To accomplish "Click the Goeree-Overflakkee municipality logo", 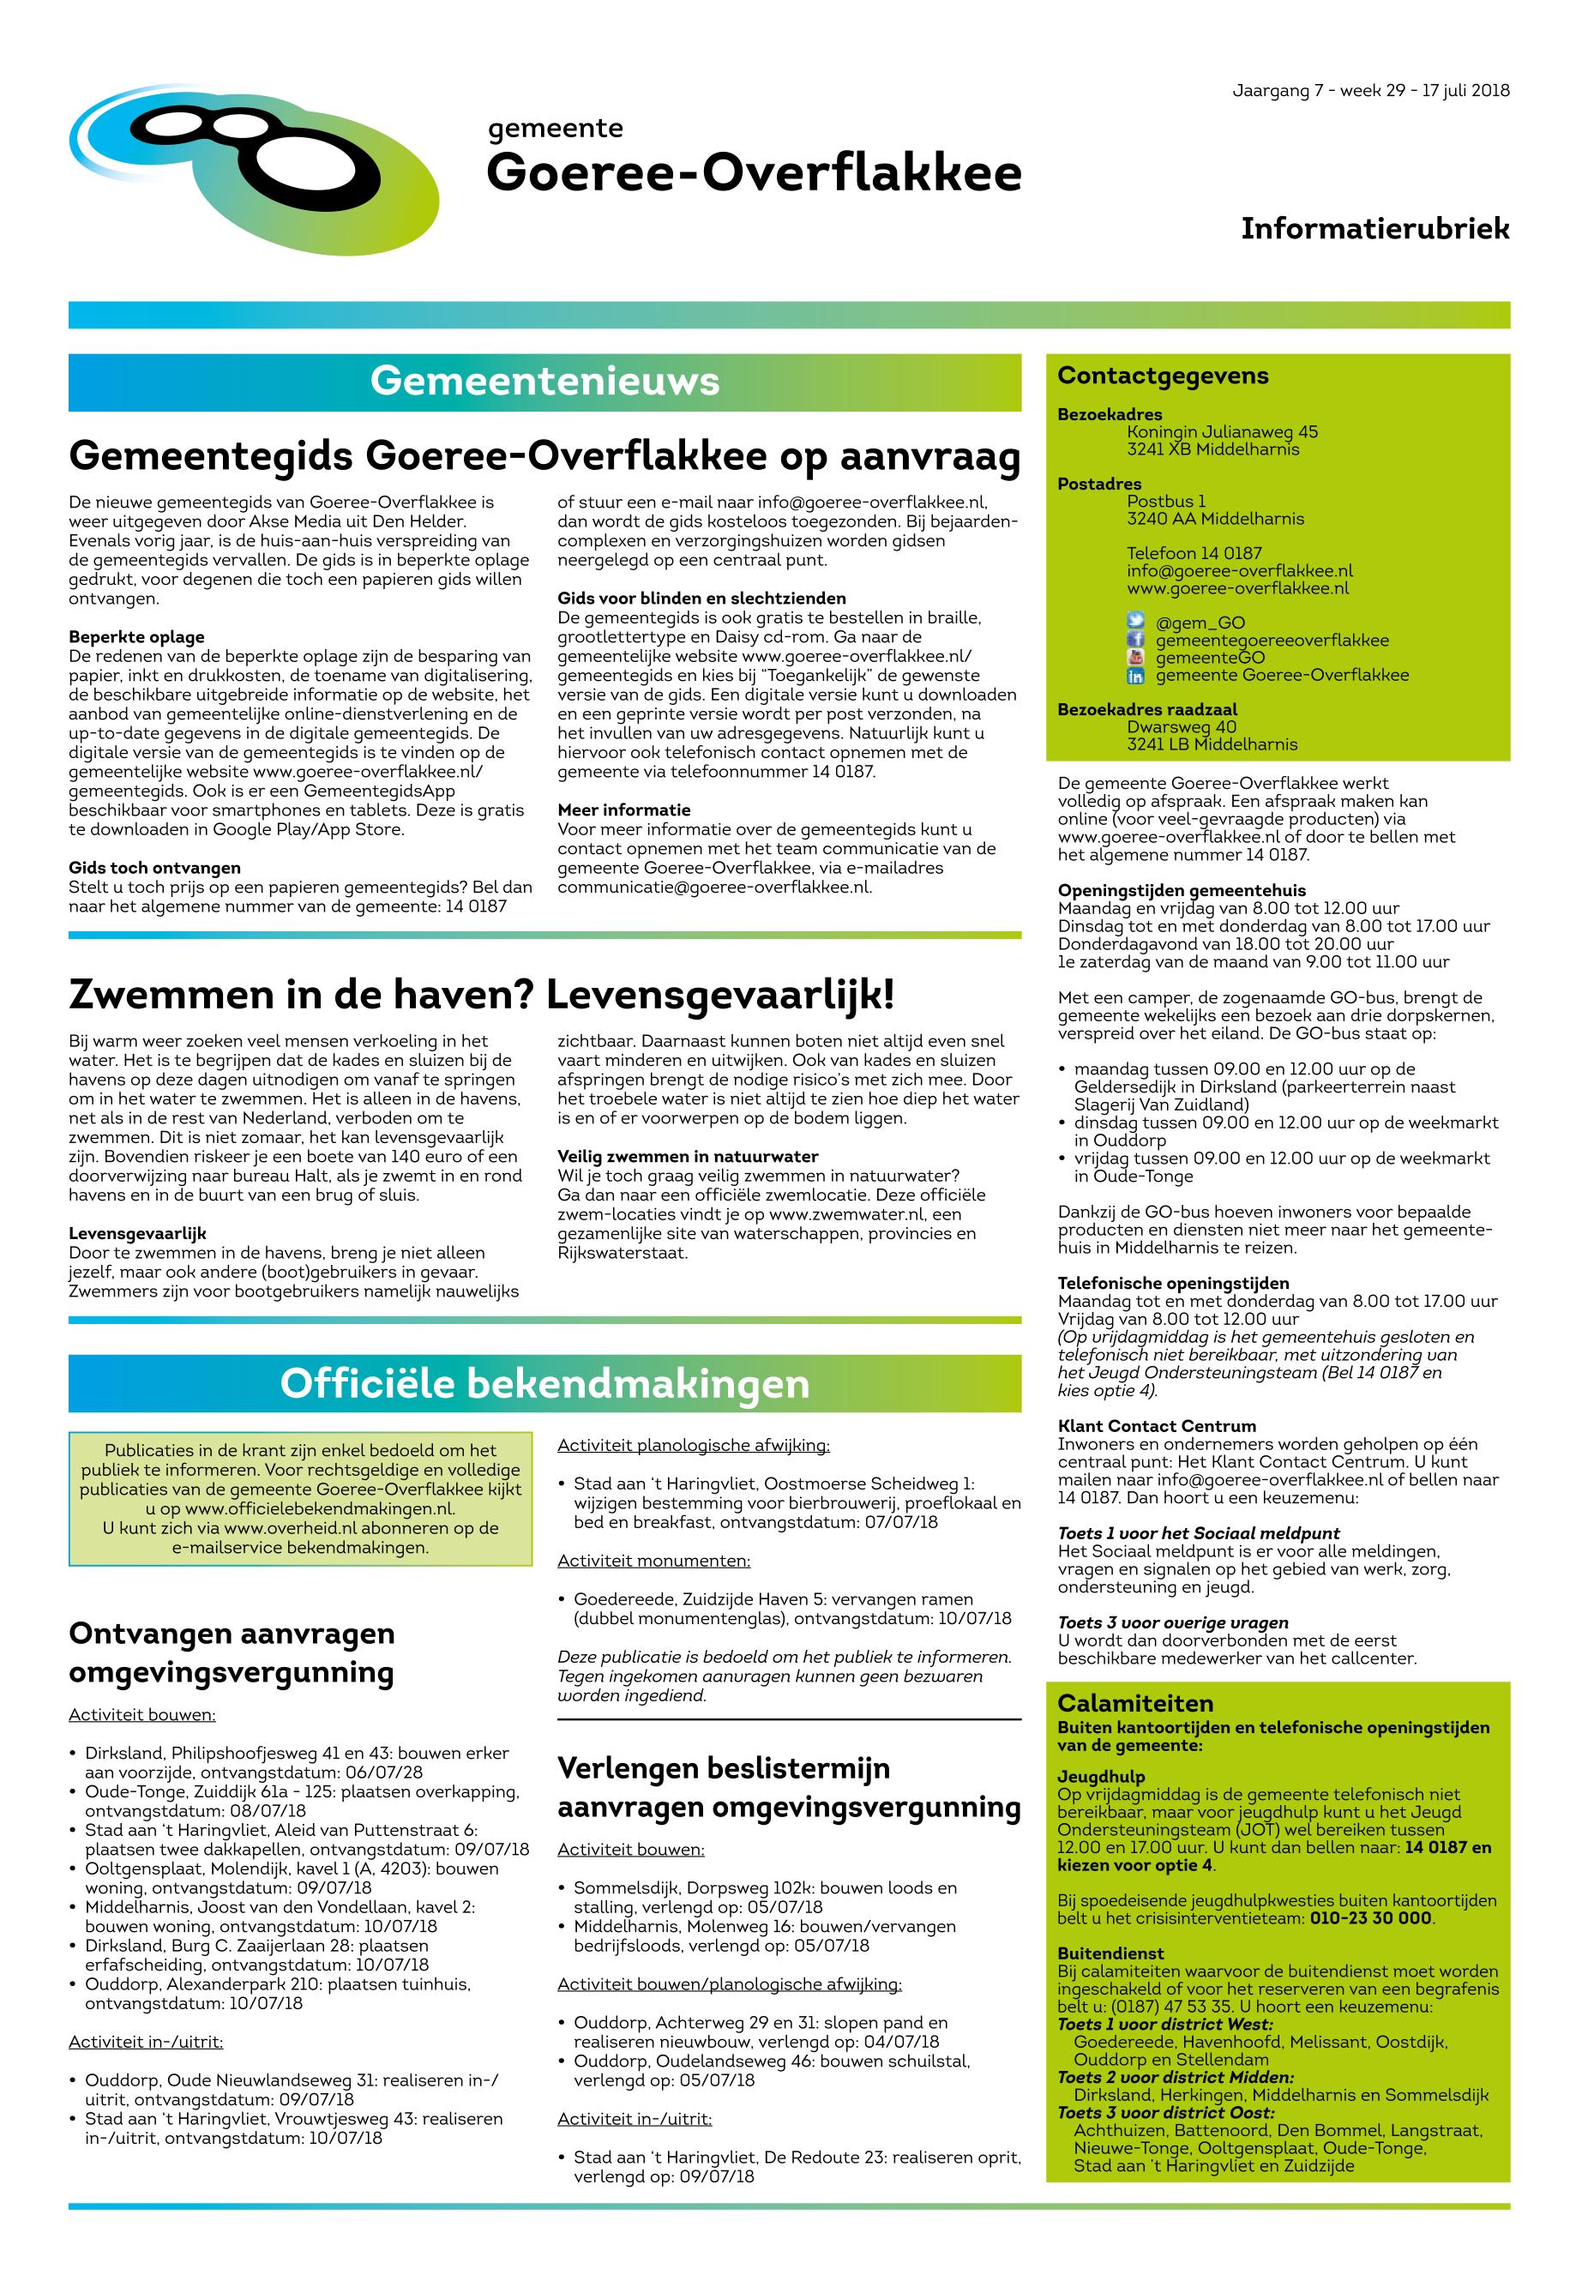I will [x=253, y=170].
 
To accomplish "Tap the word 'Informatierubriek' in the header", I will [x=1374, y=229].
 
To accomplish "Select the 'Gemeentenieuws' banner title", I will [x=544, y=382].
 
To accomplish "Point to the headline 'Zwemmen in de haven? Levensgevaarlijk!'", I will [x=481, y=994].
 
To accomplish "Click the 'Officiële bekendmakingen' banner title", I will [x=544, y=1383].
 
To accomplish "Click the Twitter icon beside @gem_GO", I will [x=1135, y=623].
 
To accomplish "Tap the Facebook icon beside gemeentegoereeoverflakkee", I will [x=1135, y=641].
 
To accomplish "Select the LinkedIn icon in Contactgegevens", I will [x=1135, y=675].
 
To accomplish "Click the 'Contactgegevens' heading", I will [x=1163, y=376].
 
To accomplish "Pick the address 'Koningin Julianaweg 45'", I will [x=1221, y=432].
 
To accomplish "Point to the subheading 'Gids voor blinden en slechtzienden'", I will [x=701, y=598].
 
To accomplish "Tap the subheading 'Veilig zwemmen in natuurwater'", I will [x=687, y=1156].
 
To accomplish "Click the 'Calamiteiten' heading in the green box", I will [x=1135, y=1703].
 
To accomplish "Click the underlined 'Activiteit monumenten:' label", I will [x=653, y=1561].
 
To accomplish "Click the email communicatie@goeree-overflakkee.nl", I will [x=713, y=888].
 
